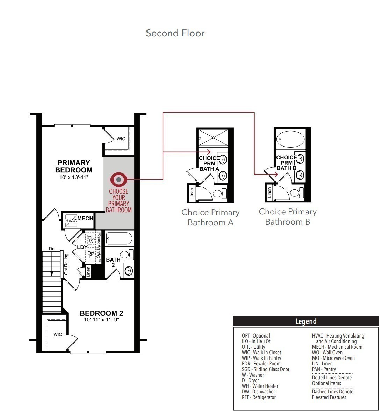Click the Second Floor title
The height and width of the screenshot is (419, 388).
click(175, 33)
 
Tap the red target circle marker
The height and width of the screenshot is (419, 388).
click(119, 179)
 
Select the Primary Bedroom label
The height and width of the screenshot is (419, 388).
click(74, 166)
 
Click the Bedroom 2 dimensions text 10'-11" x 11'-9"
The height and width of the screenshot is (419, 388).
click(101, 320)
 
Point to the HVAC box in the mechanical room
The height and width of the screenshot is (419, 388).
click(71, 221)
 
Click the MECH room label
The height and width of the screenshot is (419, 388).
click(85, 219)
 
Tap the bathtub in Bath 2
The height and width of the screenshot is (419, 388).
click(119, 239)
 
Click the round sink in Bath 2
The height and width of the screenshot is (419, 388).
click(129, 270)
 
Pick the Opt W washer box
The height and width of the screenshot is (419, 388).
click(91, 240)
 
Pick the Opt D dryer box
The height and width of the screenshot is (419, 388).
click(91, 255)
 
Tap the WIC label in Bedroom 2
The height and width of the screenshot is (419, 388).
click(58, 334)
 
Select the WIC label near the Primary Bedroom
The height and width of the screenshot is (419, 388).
click(121, 139)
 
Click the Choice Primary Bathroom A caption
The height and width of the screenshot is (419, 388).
click(210, 217)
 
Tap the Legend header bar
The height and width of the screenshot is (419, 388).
click(306, 321)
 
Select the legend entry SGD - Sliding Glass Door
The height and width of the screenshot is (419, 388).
click(266, 369)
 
